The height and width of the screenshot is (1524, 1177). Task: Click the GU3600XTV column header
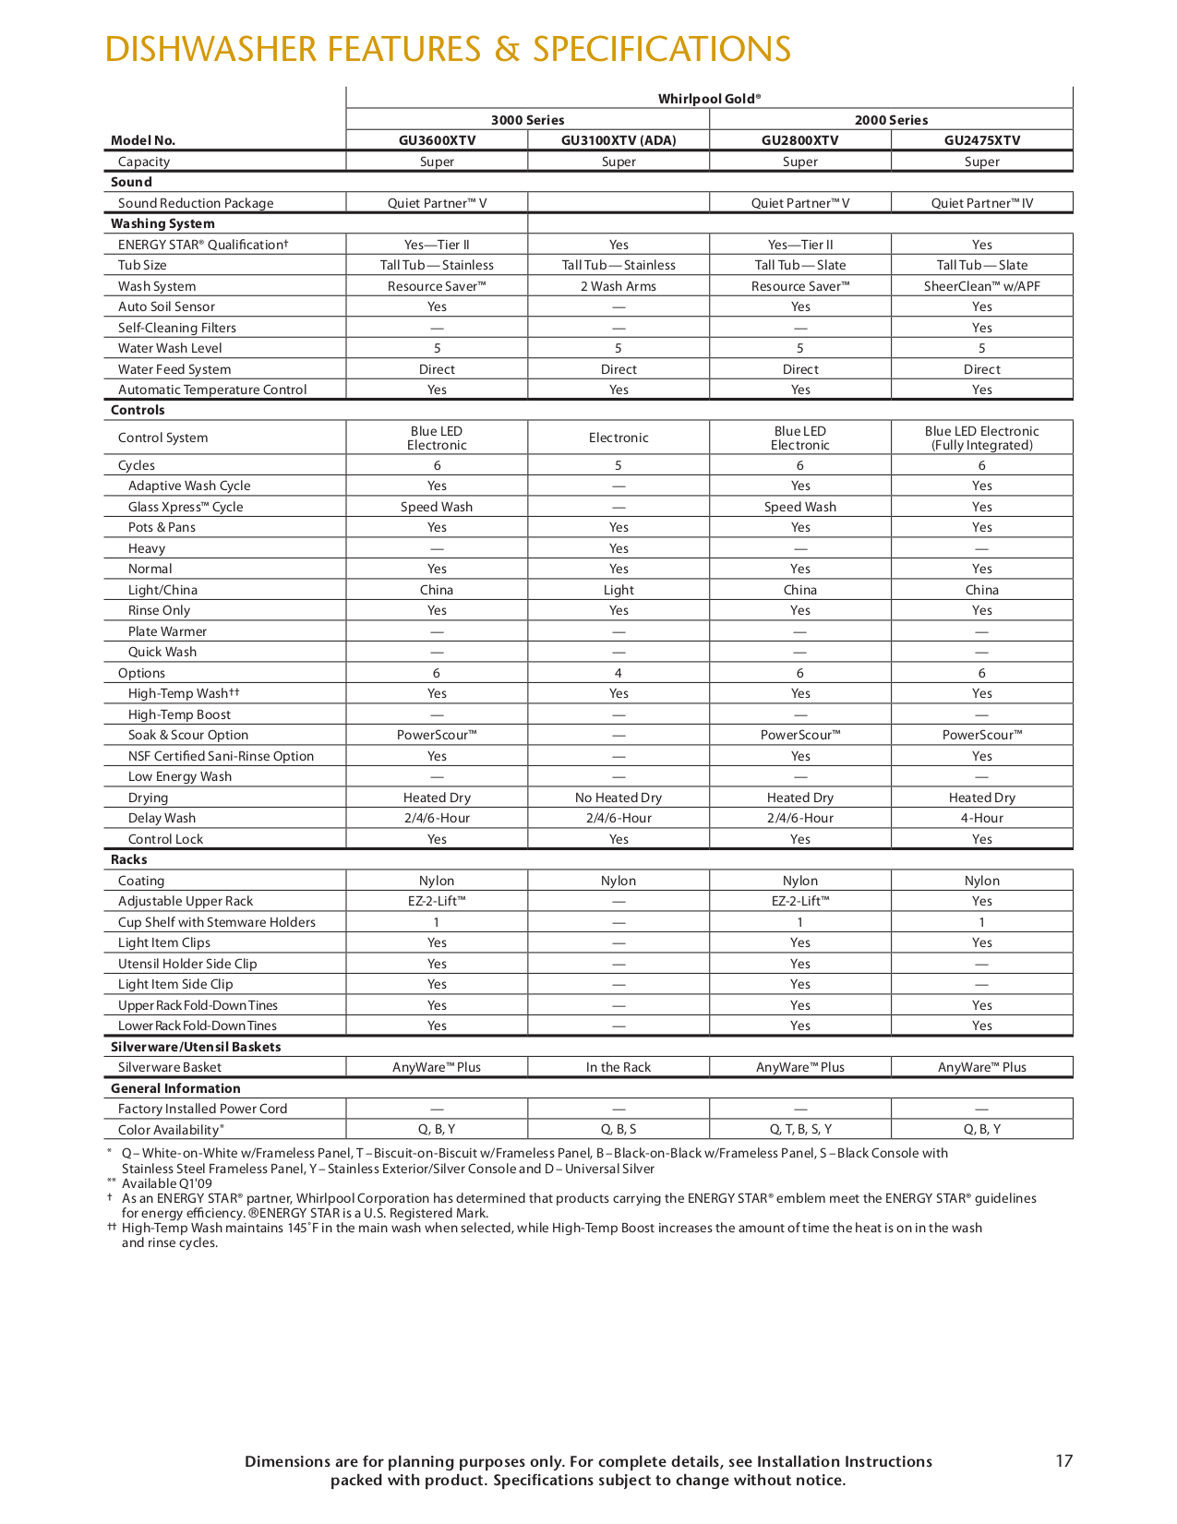point(437,140)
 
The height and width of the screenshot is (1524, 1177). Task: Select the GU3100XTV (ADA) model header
point(619,140)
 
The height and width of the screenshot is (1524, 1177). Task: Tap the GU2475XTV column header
point(982,140)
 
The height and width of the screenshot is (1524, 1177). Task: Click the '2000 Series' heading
point(891,120)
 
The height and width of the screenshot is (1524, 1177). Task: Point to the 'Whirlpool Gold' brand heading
point(709,99)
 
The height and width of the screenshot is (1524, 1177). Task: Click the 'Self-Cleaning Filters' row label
point(177,328)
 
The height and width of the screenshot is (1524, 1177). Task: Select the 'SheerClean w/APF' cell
point(982,286)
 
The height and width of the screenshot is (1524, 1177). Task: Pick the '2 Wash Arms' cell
point(619,286)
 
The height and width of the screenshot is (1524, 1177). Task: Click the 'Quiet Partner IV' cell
point(982,203)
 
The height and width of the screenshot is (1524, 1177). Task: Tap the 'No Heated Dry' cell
point(619,798)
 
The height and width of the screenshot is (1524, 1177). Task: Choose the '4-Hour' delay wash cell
point(982,818)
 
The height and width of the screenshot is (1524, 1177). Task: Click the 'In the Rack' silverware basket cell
point(619,1067)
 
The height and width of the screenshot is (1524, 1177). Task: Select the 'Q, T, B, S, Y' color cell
point(800,1129)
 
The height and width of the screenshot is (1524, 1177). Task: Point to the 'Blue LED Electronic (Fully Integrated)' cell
point(982,438)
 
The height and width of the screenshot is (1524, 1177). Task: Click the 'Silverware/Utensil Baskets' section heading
point(196,1047)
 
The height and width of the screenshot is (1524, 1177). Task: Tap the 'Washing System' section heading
point(162,223)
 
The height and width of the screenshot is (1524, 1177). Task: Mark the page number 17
point(1063,1460)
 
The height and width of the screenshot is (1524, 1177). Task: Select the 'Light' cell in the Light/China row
point(619,590)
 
